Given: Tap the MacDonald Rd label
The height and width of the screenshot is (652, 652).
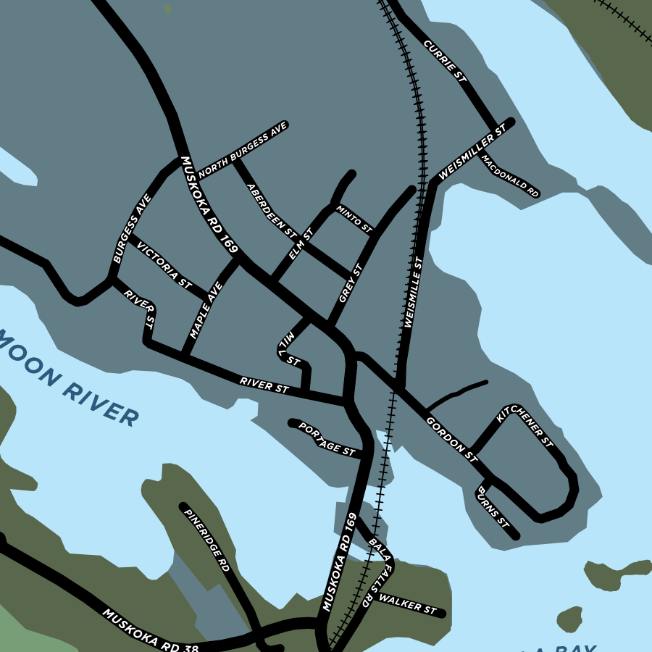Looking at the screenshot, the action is (x=510, y=177).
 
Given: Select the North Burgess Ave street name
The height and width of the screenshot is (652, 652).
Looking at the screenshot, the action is (x=243, y=150).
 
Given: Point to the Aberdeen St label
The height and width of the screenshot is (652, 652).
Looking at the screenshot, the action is (x=272, y=211).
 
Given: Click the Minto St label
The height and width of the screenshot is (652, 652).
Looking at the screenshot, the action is (x=354, y=219).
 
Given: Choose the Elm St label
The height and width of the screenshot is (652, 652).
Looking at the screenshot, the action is (x=300, y=244).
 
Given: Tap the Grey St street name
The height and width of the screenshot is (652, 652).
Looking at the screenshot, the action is (x=350, y=284).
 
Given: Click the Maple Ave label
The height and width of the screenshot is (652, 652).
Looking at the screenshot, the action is (x=206, y=311).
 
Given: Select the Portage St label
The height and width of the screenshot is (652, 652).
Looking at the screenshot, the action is (x=327, y=440).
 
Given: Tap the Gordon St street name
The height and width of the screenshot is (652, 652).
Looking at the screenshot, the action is (x=452, y=439).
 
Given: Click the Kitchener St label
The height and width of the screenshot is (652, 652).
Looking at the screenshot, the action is (x=525, y=427).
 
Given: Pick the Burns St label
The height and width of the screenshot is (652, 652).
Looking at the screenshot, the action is (x=493, y=508).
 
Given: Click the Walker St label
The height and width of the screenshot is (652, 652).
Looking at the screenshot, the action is (x=408, y=605).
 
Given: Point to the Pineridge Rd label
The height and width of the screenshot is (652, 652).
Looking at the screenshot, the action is (x=206, y=540).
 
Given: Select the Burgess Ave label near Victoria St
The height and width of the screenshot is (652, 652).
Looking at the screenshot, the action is (x=132, y=228).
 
